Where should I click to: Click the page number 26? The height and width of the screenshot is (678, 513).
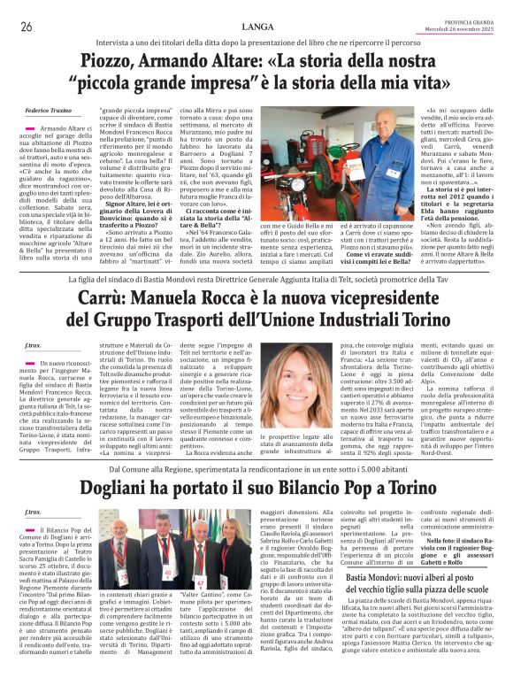click(x=26, y=27)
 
